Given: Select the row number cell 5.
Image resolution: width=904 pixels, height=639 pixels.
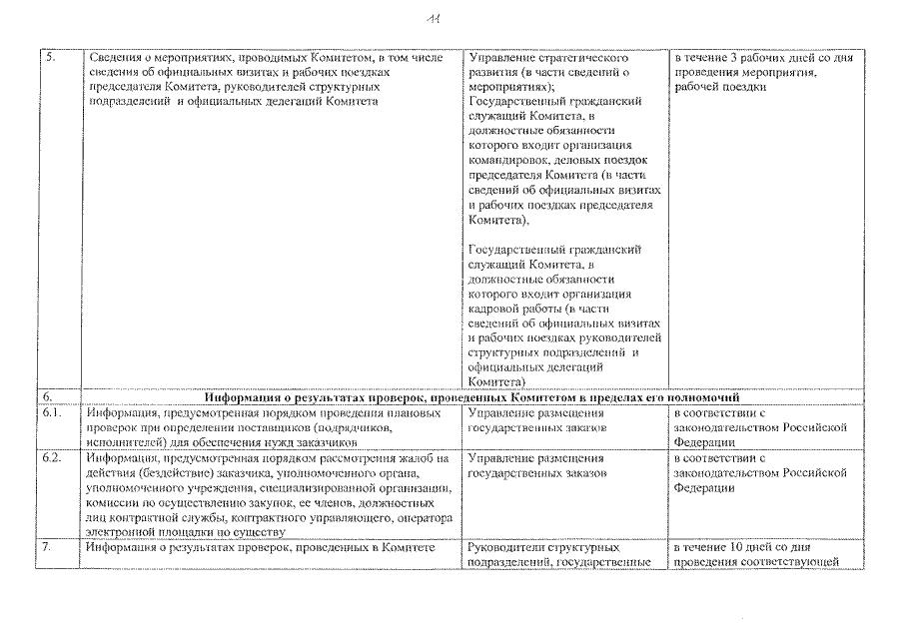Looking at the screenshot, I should click(x=49, y=58).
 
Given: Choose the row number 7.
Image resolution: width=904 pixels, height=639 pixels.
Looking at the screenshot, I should click(x=47, y=548).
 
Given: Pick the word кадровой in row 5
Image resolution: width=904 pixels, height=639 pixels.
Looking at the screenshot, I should click(x=495, y=308).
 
